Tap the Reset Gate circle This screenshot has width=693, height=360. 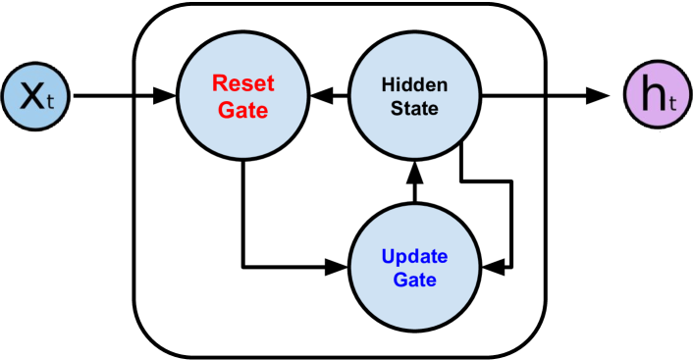coord(242,95)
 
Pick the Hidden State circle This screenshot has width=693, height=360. coord(414,95)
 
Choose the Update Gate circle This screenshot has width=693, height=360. coord(414,267)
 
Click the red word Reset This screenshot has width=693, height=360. coord(242,83)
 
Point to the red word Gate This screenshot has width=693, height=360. coord(242,109)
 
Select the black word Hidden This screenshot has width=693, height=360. coord(414,84)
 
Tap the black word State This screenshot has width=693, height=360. coord(414,108)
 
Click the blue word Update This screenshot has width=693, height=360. coord(414,257)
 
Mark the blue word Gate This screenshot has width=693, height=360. coord(414,281)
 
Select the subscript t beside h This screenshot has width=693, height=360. coord(672,104)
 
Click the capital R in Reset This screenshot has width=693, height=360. coord(218,83)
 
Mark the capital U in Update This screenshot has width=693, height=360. coord(388,257)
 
